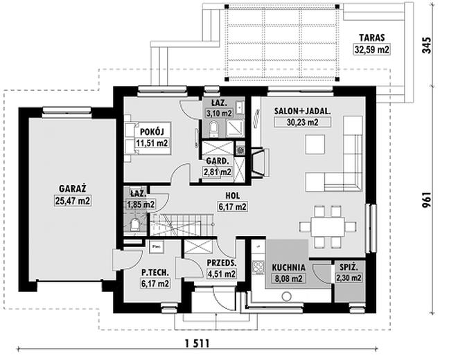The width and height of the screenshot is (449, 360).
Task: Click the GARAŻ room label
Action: point(73,188)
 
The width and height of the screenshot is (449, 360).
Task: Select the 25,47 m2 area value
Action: point(73,201)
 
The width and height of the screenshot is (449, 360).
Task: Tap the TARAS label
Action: point(372,38)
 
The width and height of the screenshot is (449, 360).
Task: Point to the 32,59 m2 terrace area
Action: point(372,50)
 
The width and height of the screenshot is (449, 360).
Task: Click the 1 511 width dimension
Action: point(197,343)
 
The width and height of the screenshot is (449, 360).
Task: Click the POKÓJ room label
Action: point(152,132)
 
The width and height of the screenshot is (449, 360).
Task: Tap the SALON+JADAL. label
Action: point(302,111)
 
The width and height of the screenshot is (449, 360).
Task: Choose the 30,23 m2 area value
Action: point(302,123)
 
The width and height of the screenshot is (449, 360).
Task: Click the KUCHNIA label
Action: point(288,267)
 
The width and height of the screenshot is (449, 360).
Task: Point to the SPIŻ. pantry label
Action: point(349,267)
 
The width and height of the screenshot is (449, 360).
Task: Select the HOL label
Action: point(233,196)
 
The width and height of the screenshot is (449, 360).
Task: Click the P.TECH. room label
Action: point(155,273)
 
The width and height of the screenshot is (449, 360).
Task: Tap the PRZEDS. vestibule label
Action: point(222,262)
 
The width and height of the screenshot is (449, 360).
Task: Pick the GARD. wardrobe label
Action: point(218,161)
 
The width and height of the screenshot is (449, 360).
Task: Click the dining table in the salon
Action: point(328,226)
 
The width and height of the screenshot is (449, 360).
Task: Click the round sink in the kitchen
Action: point(286,296)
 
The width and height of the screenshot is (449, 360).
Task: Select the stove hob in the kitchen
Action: point(258,267)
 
